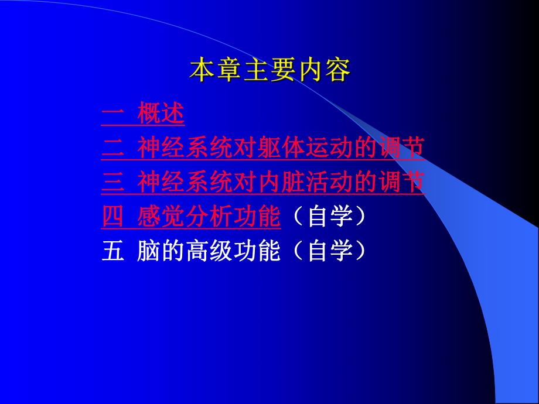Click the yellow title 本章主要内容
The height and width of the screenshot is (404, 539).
pos(269,71)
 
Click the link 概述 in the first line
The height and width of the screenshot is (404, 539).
pos(161,114)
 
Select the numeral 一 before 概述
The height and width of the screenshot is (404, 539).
pos(111,114)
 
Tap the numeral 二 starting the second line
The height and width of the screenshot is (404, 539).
pos(111,148)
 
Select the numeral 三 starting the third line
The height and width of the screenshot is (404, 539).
pos(111,183)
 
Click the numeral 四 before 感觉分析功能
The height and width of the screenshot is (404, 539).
pos(111,217)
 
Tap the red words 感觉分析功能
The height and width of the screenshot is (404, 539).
pos(209,217)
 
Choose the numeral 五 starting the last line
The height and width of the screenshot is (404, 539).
pos(111,252)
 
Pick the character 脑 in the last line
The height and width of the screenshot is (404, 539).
pos(146,252)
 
